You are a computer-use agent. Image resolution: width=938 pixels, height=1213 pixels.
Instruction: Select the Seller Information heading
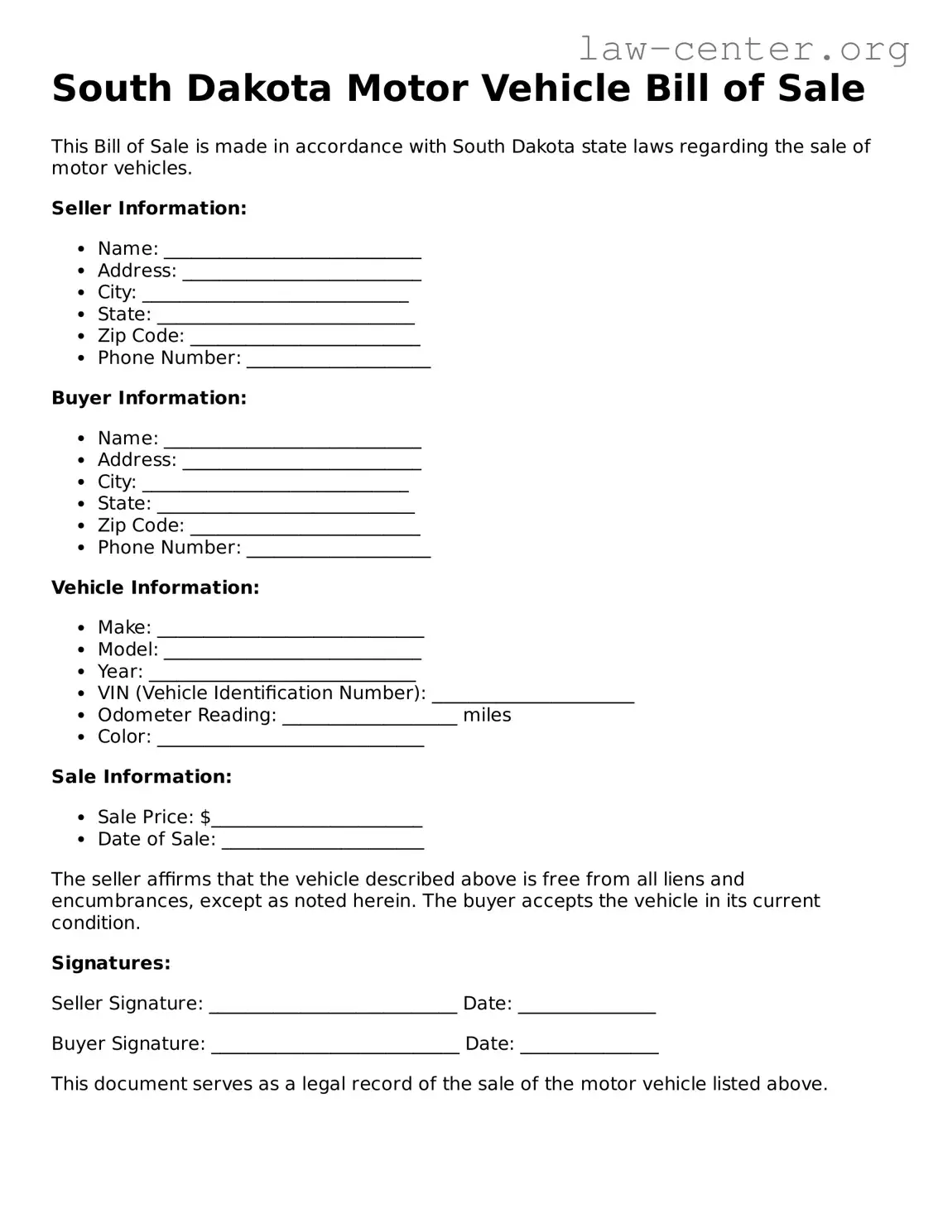(149, 209)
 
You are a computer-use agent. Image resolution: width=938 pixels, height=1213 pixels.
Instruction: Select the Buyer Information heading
(149, 398)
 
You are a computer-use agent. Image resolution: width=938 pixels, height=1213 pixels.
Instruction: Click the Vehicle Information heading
(155, 587)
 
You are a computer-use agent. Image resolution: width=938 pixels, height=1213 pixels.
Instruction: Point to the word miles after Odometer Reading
(487, 716)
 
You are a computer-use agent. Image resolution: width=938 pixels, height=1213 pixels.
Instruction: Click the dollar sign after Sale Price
(205, 817)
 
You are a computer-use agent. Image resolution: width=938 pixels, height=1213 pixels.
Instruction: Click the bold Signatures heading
(111, 963)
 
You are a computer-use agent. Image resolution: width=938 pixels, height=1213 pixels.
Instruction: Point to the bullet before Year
(80, 672)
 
